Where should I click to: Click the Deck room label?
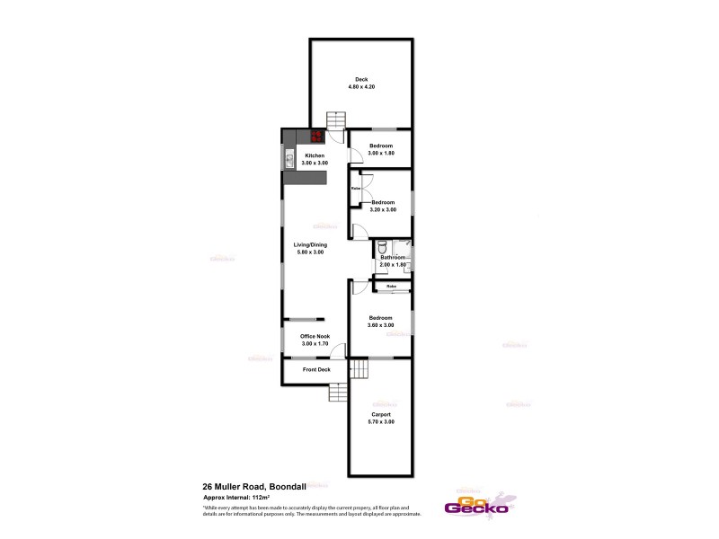(360, 79)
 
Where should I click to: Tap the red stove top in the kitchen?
(317, 137)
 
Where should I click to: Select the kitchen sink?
(290, 160)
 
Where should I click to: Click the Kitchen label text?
(315, 155)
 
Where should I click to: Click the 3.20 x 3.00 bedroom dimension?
(383, 209)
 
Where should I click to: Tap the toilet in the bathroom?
(382, 246)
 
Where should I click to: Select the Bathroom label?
(394, 258)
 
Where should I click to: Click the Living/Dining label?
(311, 244)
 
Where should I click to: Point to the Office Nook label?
(315, 336)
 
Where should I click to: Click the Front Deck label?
(316, 369)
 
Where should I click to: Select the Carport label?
(381, 414)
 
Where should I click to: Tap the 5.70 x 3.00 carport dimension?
(381, 421)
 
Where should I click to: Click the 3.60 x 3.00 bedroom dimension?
(381, 324)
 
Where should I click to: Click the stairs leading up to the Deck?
(335, 120)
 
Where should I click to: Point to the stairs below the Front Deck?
(339, 393)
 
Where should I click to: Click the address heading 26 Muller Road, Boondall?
(255, 486)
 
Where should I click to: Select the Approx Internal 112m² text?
(237, 496)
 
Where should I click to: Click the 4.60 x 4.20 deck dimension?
(360, 86)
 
